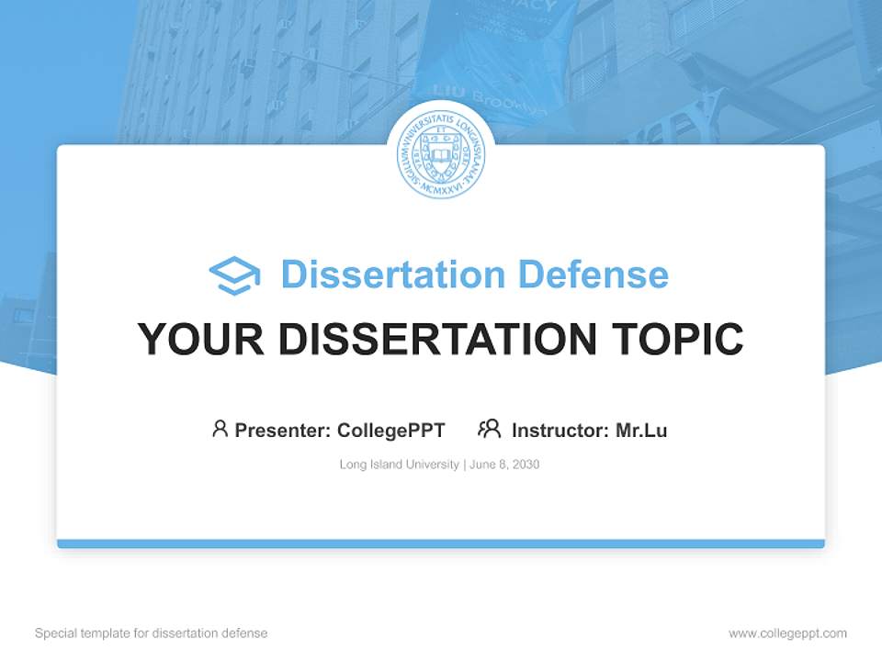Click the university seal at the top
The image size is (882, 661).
click(x=441, y=155)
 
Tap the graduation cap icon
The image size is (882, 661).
click(x=234, y=275)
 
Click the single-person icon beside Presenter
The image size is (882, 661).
click(x=220, y=429)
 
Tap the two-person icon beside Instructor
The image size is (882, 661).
click(x=489, y=429)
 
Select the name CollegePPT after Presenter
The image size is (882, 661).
click(x=391, y=430)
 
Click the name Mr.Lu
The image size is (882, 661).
click(x=641, y=430)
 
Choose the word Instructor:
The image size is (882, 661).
click(x=560, y=430)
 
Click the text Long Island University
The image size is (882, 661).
click(x=399, y=465)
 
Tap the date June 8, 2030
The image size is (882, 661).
click(x=504, y=465)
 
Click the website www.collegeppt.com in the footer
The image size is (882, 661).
click(x=787, y=633)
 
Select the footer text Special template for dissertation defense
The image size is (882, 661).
click(x=152, y=633)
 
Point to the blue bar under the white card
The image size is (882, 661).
click(x=441, y=543)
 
